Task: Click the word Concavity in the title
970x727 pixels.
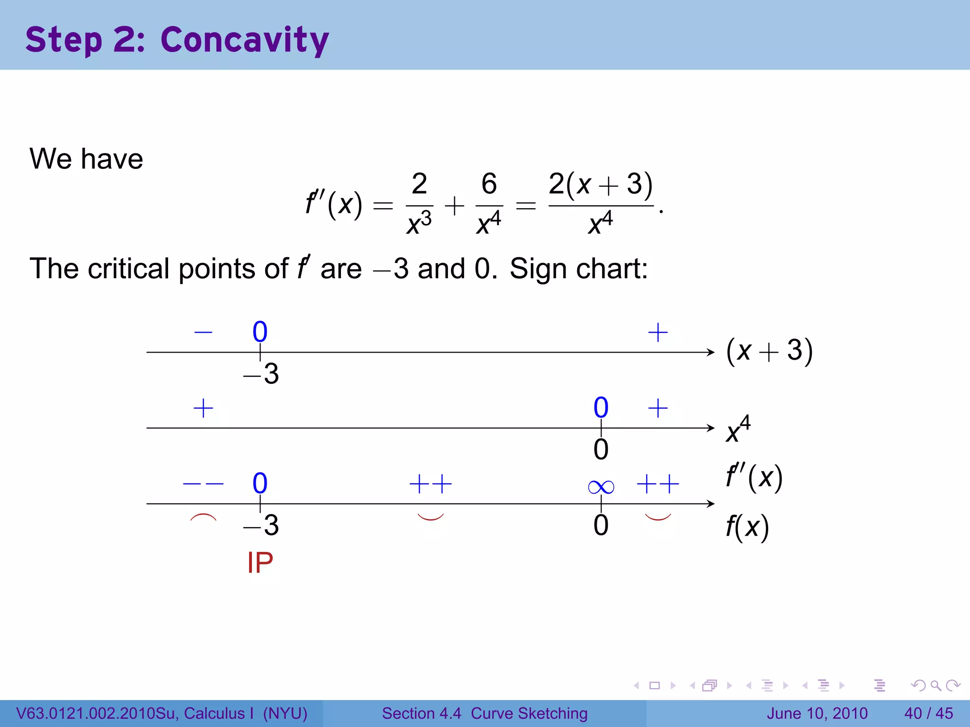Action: [244, 40]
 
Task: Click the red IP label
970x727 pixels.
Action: [260, 563]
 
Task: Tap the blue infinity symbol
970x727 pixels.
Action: [601, 487]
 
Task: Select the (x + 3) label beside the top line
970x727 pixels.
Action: [769, 351]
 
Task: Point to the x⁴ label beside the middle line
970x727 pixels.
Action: [738, 429]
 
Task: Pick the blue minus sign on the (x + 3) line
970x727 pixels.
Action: [203, 332]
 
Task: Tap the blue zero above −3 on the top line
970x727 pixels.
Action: [260, 332]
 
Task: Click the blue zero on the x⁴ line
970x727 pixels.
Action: [601, 408]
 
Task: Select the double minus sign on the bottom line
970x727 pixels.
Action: [203, 484]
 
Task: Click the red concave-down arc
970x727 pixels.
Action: [203, 517]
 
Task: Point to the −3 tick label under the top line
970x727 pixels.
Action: [261, 374]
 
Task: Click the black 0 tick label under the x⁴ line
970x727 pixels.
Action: [601, 450]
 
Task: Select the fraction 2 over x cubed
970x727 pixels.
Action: [419, 204]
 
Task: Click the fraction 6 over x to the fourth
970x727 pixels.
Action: [489, 204]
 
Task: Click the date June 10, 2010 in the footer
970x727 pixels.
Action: [817, 713]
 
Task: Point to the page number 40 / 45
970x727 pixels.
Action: [928, 713]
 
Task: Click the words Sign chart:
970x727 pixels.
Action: [578, 269]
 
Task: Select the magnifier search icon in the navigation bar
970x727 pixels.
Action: [935, 685]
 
